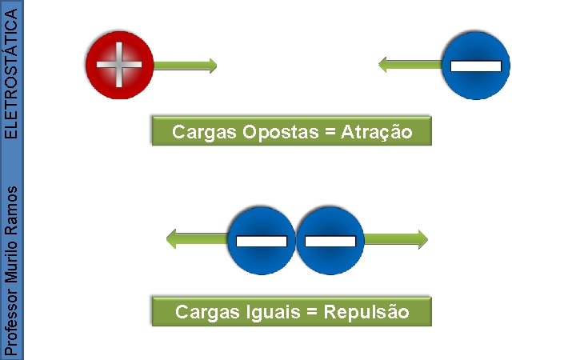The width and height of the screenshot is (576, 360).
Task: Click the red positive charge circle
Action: tap(118, 64)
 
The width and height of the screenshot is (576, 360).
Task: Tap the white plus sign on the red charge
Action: tap(118, 65)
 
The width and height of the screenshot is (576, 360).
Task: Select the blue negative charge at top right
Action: tap(475, 66)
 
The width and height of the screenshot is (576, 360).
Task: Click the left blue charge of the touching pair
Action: tap(261, 239)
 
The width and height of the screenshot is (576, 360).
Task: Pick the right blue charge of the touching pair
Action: tap(330, 239)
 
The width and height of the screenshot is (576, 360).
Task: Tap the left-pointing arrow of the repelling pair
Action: tap(196, 238)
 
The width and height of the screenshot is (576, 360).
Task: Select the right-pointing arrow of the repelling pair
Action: tap(396, 238)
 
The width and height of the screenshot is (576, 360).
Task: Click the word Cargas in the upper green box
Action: tap(200, 132)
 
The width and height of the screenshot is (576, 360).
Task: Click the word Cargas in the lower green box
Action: tap(203, 311)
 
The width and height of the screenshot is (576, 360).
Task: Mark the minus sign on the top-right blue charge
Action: tap(475, 66)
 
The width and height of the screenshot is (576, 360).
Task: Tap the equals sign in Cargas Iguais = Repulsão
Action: tap(313, 311)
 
